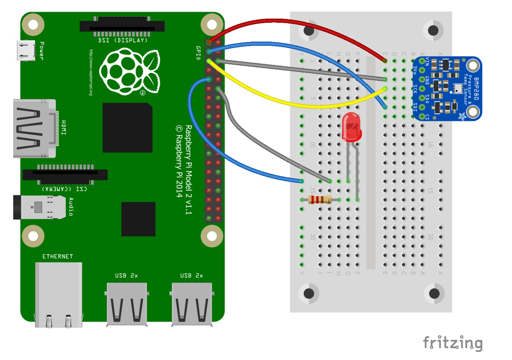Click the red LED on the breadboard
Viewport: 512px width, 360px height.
tap(351, 127)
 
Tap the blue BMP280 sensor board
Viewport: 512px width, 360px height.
tap(447, 88)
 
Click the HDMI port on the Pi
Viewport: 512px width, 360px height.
tap(33, 128)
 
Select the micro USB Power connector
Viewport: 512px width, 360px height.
tap(25, 51)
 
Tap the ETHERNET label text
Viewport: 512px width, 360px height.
tap(58, 256)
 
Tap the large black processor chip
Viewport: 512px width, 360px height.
tap(127, 127)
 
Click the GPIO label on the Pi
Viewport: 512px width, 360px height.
tap(198, 53)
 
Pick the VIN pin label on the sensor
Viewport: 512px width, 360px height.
tap(428, 62)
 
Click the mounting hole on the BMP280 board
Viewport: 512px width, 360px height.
tap(472, 65)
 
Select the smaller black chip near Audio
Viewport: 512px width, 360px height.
tap(138, 219)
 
